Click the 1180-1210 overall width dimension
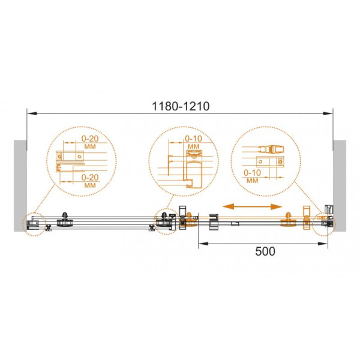181,106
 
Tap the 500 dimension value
265,251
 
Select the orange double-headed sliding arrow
253,206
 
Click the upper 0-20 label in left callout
90,139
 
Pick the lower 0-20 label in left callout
90,177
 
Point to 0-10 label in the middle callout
193,139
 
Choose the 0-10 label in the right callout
253,173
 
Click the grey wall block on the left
20,185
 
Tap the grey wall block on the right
340,185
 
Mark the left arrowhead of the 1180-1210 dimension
32,113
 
